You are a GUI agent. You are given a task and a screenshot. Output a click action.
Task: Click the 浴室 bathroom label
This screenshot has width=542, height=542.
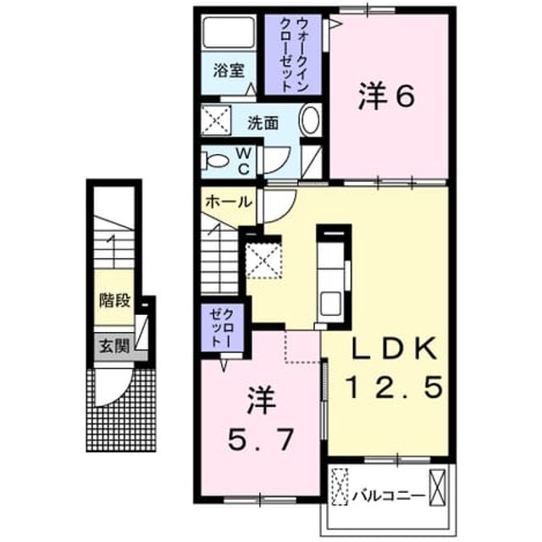click(229, 70)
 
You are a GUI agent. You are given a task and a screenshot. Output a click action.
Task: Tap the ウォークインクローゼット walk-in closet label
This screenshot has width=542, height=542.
click(294, 55)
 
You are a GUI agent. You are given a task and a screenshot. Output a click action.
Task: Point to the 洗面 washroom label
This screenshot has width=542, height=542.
click(263, 123)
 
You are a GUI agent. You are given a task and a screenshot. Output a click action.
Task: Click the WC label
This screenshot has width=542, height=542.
click(243, 161)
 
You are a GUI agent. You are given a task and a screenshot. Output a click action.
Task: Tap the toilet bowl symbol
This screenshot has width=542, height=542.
click(217, 161)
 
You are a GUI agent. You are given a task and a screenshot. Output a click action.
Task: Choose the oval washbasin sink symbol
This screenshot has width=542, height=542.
click(311, 119)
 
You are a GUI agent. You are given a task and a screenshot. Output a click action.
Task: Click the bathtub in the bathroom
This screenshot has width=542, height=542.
click(229, 32)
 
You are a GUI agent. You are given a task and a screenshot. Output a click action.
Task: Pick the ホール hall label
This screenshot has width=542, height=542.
click(229, 202)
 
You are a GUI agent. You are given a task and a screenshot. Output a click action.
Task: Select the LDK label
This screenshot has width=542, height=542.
click(393, 348)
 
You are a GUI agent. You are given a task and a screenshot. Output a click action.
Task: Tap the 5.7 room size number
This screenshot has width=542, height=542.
click(262, 439)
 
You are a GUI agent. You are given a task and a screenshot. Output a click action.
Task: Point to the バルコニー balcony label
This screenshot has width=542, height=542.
click(389, 496)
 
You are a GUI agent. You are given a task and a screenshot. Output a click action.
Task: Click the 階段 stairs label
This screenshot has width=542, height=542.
click(115, 300)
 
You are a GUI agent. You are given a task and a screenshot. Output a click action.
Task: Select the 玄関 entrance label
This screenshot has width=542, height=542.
click(115, 346)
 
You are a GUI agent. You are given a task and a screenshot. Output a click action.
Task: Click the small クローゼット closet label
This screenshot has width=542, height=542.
click(222, 328)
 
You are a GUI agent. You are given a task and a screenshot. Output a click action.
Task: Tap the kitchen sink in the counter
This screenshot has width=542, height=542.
click(331, 303)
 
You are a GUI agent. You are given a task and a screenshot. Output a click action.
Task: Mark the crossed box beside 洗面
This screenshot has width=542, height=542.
click(216, 120)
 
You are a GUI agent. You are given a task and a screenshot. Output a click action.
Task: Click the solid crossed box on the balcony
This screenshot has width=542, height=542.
click(437, 487)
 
